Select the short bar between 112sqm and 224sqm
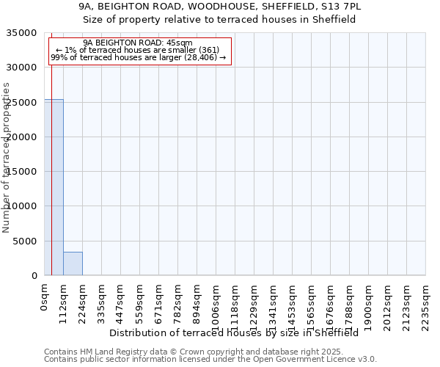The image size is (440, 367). click(73, 264)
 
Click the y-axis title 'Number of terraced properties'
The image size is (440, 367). click(7, 157)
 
